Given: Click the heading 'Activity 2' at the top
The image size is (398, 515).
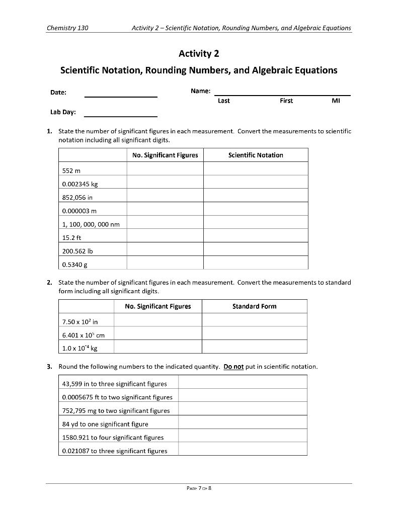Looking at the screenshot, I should [x=199, y=53].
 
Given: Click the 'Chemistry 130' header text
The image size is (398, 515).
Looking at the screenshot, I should [x=67, y=28].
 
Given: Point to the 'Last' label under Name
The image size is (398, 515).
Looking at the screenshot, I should [x=223, y=101].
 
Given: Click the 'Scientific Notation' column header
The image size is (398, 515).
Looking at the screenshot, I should [x=255, y=155].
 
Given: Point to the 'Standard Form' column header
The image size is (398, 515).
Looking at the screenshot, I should [x=254, y=306].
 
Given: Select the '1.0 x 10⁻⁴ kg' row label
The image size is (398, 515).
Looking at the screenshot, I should [x=76, y=347].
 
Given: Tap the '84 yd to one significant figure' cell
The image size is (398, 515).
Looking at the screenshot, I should [x=105, y=424].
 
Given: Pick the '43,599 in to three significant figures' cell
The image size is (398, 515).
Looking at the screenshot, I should [x=114, y=384].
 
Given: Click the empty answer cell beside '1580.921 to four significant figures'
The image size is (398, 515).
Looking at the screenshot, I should [x=242, y=437].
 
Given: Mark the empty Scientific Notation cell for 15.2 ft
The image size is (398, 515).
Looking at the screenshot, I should [x=255, y=236].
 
